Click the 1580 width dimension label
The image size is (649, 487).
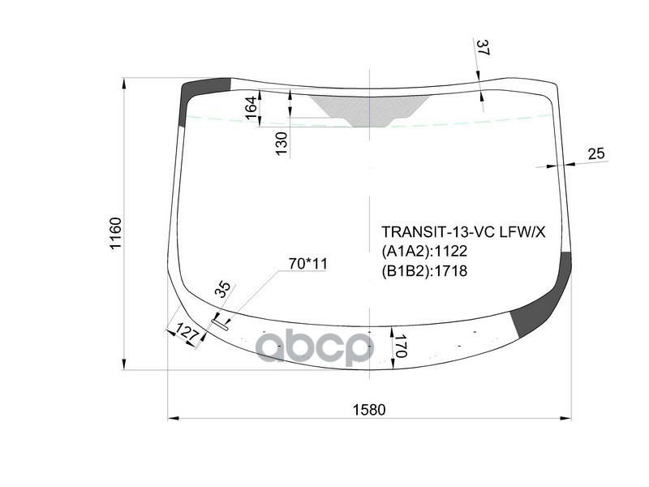click(368, 410)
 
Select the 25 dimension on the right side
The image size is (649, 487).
click(595, 153)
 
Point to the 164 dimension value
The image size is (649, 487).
click(250, 106)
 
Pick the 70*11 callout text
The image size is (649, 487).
click(307, 264)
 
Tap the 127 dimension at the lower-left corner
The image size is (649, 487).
click(187, 334)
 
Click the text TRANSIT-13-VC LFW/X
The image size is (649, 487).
click(463, 233)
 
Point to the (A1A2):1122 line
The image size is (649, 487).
click(424, 252)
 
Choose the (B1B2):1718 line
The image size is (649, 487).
click(424, 271)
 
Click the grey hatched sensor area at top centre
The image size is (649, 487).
click(369, 109)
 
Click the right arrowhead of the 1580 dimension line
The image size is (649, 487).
click(567, 419)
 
